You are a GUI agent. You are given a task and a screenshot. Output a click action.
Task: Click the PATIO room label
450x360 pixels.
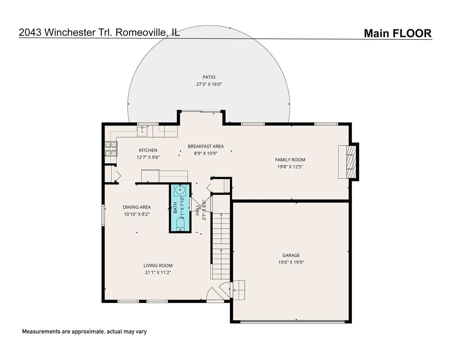209,77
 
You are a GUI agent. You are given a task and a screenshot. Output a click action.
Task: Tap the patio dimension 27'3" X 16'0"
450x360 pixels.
209,84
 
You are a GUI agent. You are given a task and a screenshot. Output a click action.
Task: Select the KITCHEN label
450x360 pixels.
148,150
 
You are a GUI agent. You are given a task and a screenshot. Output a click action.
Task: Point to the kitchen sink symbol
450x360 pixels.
142,131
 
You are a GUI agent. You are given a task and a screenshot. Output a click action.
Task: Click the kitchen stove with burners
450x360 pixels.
111,149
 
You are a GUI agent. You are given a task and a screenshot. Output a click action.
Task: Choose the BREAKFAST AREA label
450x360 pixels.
206,146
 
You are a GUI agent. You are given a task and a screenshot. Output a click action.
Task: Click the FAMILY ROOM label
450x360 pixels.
290,160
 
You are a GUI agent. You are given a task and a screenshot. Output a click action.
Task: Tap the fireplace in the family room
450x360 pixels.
349,162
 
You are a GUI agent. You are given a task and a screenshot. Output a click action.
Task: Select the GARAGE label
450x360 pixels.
291,255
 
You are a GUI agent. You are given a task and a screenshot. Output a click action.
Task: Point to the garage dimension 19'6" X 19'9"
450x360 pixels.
291,262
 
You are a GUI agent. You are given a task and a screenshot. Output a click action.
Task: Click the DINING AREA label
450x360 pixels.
137,207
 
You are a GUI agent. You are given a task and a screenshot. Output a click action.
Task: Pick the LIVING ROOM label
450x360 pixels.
158,266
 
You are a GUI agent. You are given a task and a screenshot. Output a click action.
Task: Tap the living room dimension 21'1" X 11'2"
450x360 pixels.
158,272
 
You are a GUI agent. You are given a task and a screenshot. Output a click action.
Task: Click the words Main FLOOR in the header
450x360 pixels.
398,33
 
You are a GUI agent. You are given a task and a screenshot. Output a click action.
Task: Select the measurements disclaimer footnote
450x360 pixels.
84,332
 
